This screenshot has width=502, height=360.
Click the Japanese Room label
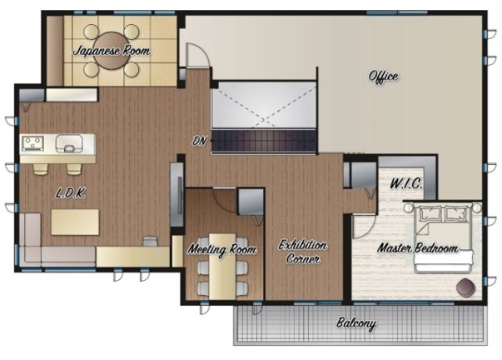(112, 51)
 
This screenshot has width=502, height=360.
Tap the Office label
(384, 77)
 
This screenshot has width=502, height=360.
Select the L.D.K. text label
(71, 193)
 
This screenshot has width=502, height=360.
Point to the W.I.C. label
(406, 183)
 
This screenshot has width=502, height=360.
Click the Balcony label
(356, 323)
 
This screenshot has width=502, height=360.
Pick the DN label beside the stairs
(200, 141)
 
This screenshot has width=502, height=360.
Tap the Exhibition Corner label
(302, 252)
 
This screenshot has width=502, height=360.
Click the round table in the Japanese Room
(112, 50)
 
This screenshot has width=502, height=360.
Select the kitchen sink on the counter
(69, 143)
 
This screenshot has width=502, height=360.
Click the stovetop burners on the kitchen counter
(32, 143)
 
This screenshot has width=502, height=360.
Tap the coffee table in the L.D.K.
(75, 222)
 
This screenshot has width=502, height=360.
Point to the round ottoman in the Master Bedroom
(465, 287)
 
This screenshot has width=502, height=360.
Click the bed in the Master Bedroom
(443, 239)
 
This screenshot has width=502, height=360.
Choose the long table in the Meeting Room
(222, 266)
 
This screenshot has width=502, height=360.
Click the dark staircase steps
(263, 141)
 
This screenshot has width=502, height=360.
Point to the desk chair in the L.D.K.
(151, 241)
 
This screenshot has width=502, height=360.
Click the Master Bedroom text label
(418, 248)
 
